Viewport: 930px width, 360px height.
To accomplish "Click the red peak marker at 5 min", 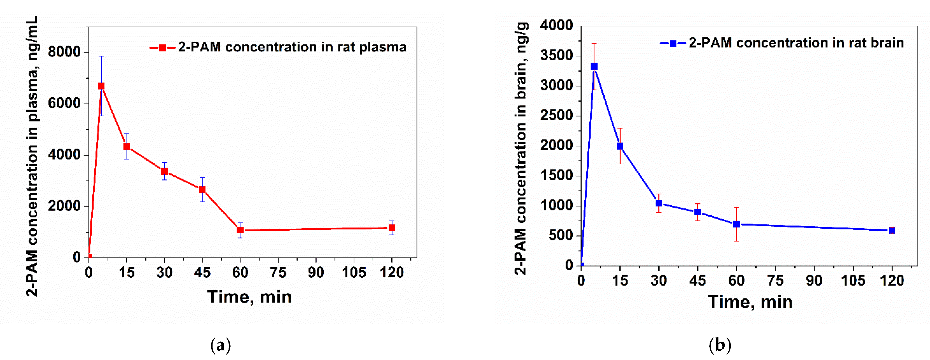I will pyautogui.click(x=101, y=86).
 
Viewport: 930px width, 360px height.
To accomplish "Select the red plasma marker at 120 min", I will pyautogui.click(x=392, y=228).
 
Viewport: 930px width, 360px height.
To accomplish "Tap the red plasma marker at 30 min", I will pyautogui.click(x=164, y=171).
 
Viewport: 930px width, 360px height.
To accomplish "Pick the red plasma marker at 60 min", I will pyautogui.click(x=240, y=230).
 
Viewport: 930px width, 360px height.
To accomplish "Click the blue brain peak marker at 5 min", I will pyautogui.click(x=594, y=67).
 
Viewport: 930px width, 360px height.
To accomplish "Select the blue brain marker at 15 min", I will pyautogui.click(x=620, y=146).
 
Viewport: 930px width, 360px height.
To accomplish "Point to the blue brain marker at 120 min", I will pyautogui.click(x=892, y=230).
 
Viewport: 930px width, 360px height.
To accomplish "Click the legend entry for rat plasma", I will pyautogui.click(x=278, y=47).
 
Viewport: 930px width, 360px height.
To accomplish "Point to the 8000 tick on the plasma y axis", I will pyautogui.click(x=64, y=52).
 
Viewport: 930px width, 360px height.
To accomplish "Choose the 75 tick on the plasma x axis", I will pyautogui.click(x=278, y=272).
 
